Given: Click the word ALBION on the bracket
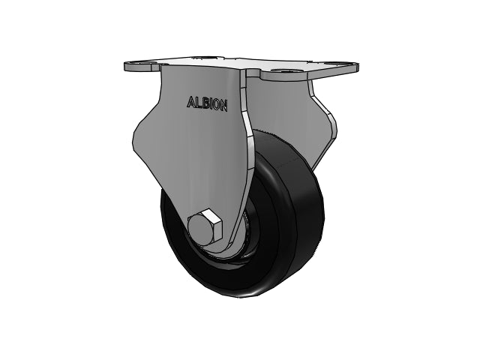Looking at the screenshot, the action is (x=207, y=103).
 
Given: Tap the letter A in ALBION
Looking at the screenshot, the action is (x=190, y=103).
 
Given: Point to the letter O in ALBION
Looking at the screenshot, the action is (x=215, y=105).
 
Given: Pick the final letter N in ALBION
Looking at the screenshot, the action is (x=223, y=106).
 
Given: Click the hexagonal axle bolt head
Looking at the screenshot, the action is (x=204, y=226).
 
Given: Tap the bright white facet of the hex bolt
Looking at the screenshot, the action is (x=212, y=215).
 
